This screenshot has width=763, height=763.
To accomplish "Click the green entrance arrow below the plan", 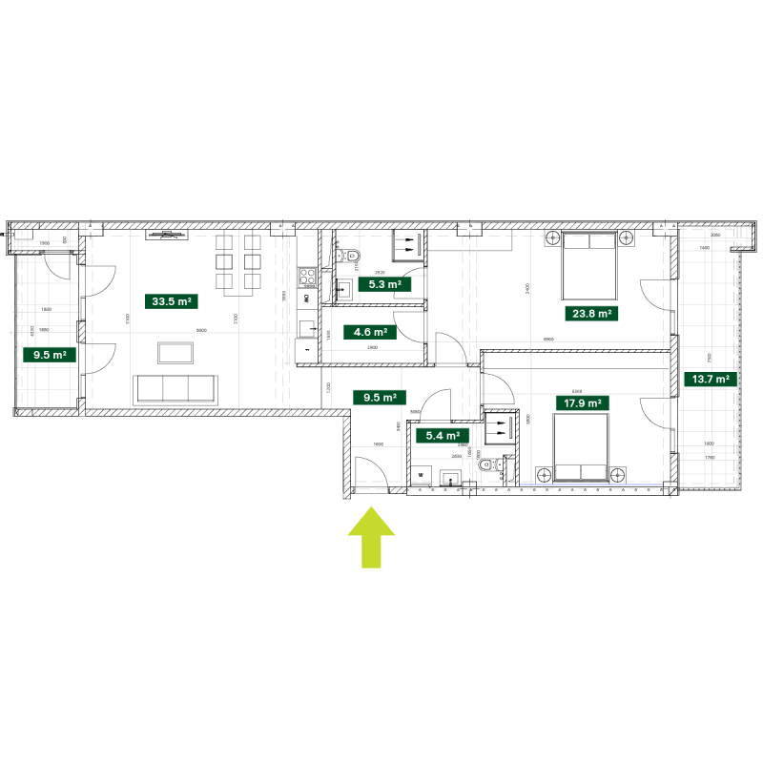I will coord(371,536).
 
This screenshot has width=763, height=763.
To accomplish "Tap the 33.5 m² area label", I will coord(172,301).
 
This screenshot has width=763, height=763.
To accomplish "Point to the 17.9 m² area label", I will coord(582,403).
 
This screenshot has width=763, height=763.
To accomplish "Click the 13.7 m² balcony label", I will coord(711,379).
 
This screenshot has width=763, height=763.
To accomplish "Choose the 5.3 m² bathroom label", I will coord(384,283).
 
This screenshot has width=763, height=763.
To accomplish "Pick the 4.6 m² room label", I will coord(369,333).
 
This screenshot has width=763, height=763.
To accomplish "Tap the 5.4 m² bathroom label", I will coord(442,436).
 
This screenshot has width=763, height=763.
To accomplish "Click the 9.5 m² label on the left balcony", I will coord(49,355).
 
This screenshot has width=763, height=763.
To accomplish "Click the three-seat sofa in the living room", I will coord(175,388).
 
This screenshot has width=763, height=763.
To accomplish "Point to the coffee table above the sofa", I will coord(175,353).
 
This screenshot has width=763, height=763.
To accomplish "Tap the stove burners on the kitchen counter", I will coord(308,277).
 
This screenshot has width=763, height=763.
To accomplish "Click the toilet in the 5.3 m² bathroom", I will coord(349,255).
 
